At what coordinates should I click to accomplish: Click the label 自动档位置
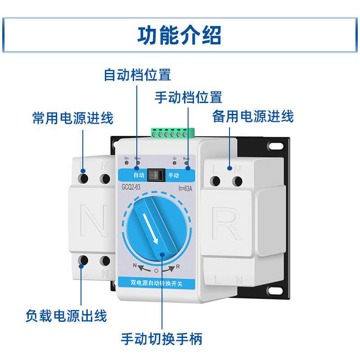(x=137, y=74)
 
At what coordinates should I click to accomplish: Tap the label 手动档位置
(x=188, y=97)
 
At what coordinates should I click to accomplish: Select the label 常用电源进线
(x=73, y=118)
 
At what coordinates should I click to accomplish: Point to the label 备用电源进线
(x=252, y=117)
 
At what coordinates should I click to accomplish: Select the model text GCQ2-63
(x=131, y=187)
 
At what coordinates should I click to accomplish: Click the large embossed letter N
(x=94, y=221)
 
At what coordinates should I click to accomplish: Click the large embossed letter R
(x=226, y=223)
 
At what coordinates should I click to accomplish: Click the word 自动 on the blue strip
(x=139, y=175)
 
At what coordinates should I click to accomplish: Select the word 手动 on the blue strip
(x=173, y=175)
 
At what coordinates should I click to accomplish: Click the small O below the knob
(x=156, y=271)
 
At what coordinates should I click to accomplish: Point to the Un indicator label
(x=126, y=158)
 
